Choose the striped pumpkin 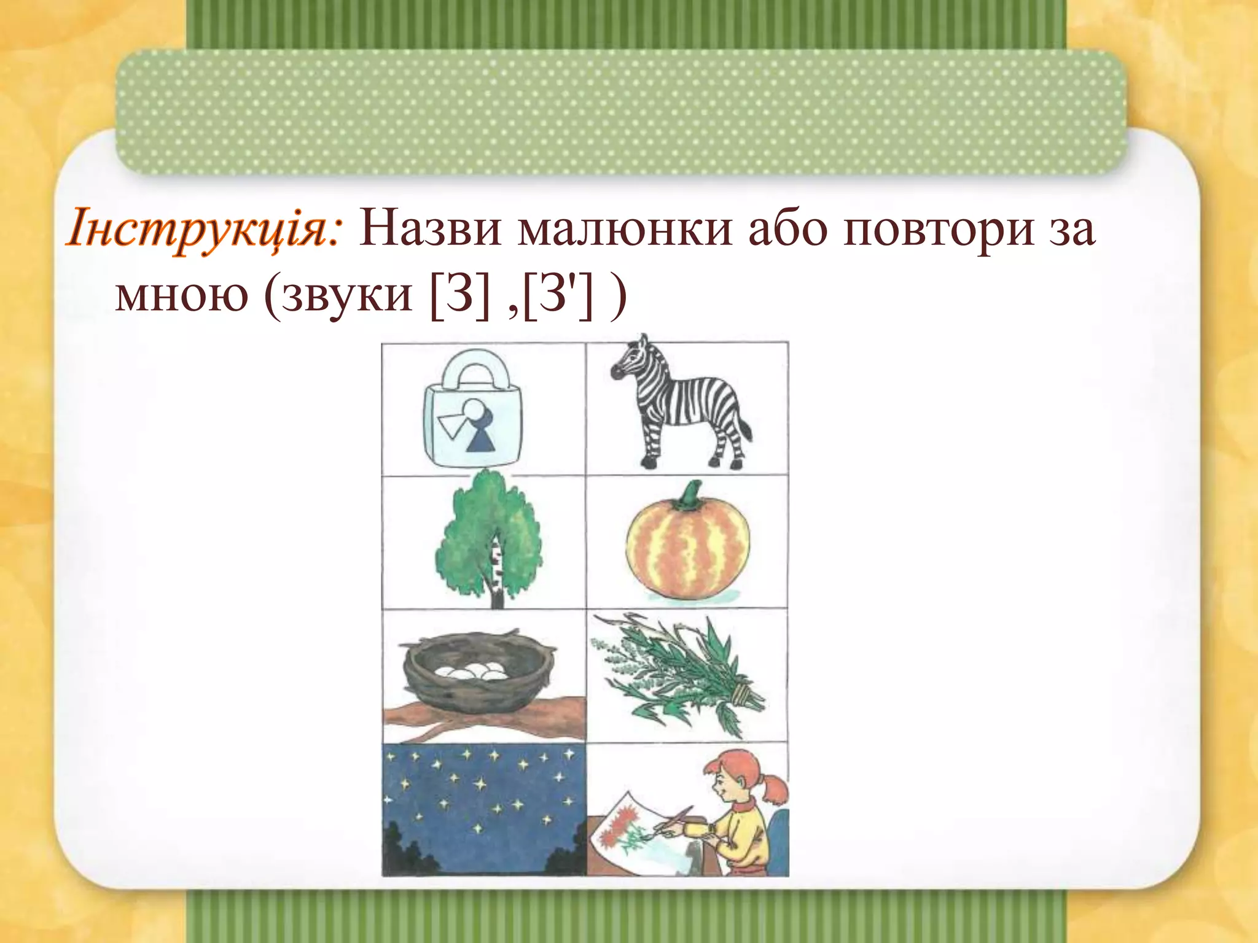coord(688,553)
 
